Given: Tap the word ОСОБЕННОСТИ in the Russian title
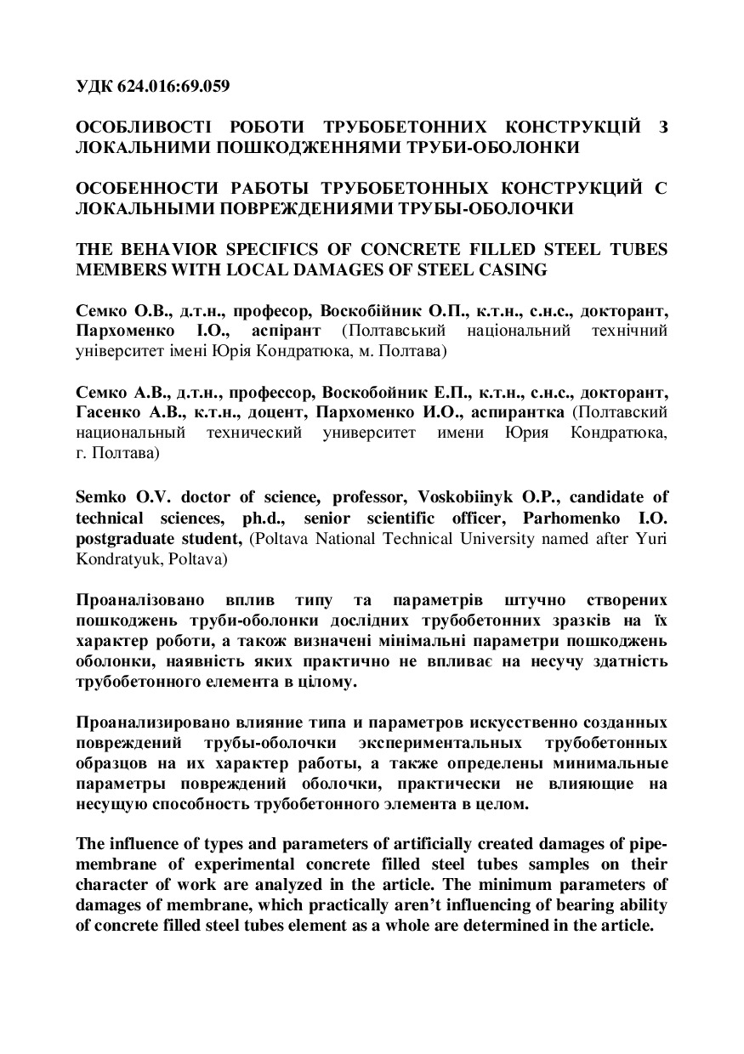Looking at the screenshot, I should pyautogui.click(x=137, y=189).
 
